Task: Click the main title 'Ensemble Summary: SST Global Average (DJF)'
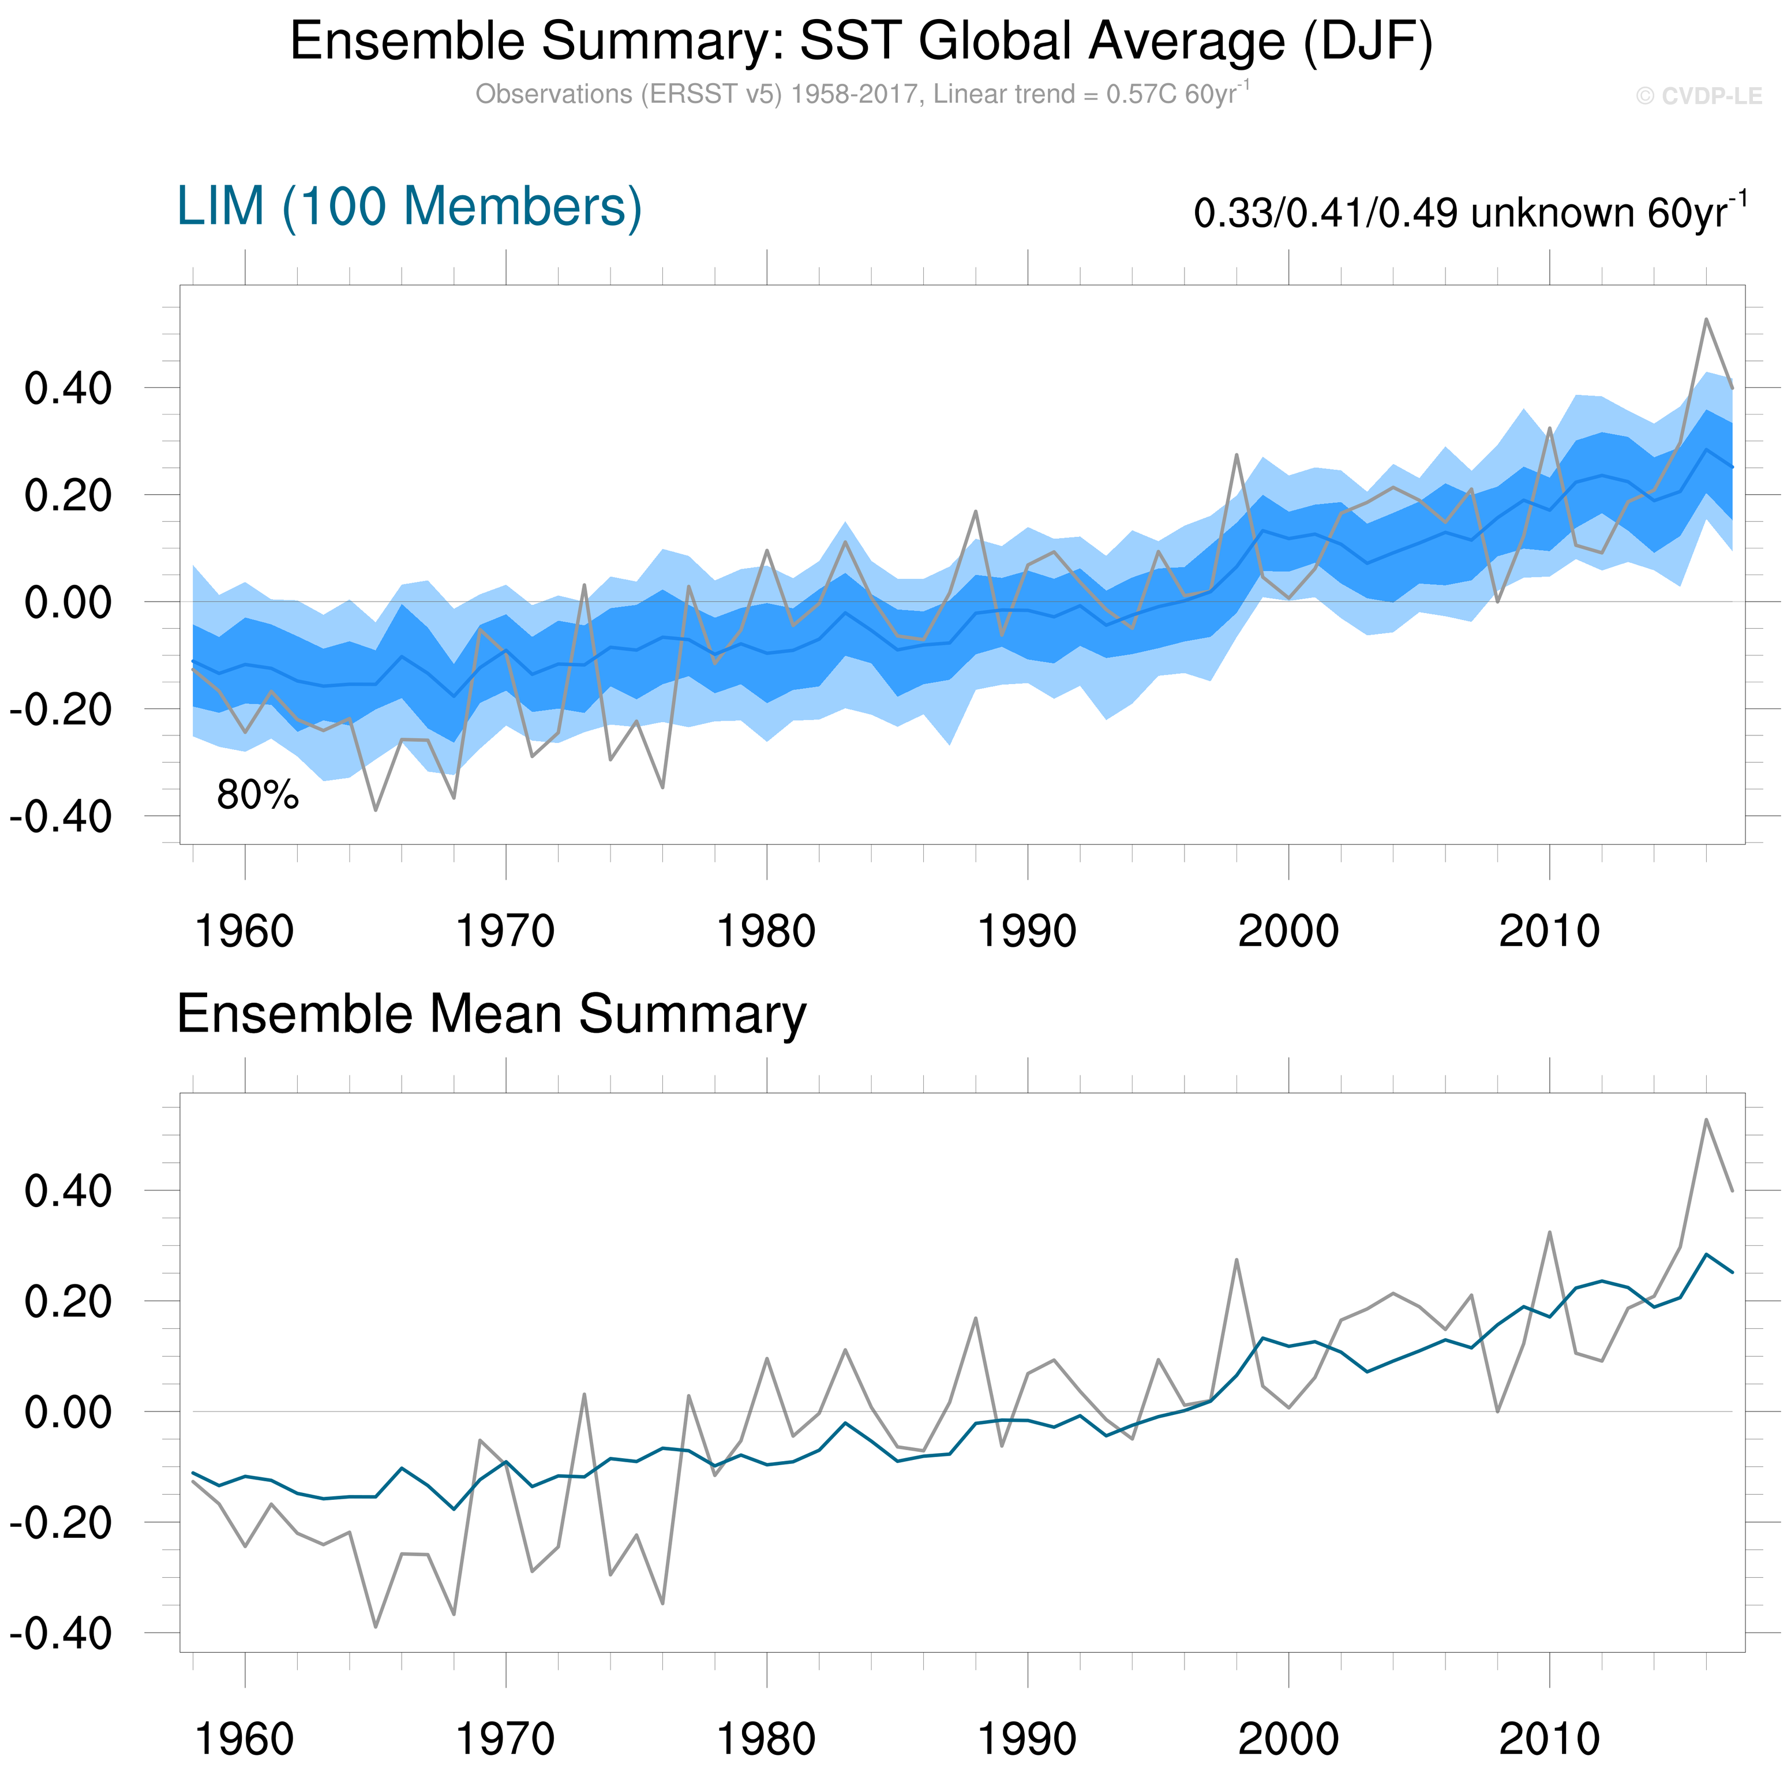[861, 42]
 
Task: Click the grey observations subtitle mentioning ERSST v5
[861, 95]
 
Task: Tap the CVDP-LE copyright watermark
[1698, 96]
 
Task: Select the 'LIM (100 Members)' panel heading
[409, 206]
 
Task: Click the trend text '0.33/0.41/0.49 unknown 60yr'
[1470, 213]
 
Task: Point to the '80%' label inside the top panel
[258, 795]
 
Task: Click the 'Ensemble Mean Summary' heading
[492, 1014]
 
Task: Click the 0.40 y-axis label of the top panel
[68, 389]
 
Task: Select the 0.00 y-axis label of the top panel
[68, 603]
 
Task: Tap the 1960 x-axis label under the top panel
[245, 931]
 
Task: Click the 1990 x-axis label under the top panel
[1027, 931]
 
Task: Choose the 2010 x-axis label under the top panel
[1549, 931]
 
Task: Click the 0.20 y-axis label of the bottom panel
[68, 1302]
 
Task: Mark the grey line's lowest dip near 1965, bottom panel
[376, 1627]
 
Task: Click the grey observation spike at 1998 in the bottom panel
[1237, 1259]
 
